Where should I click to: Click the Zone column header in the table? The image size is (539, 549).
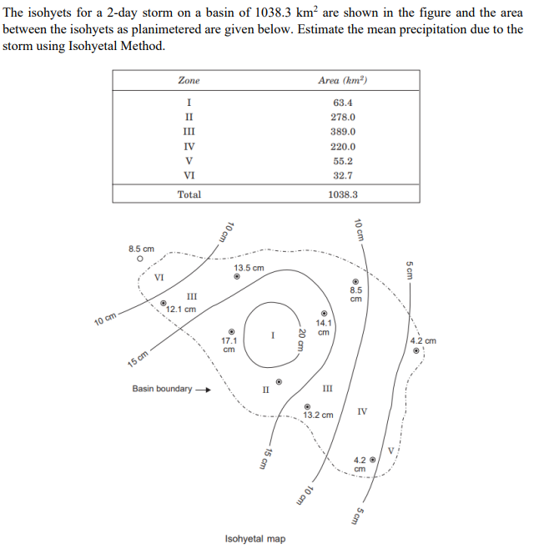click(x=189, y=81)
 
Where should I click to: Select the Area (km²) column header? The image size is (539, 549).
click(x=343, y=81)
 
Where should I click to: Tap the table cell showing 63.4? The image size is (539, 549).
click(x=343, y=103)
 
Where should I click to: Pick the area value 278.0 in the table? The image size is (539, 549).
click(x=343, y=118)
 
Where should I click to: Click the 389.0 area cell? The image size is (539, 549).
click(x=343, y=132)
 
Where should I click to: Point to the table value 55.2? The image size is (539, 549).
click(x=343, y=161)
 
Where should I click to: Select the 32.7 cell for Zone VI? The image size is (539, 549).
click(x=343, y=176)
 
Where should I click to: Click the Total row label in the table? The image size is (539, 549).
click(x=189, y=194)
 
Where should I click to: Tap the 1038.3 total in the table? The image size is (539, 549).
click(x=343, y=194)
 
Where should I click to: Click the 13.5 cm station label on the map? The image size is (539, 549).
click(x=249, y=268)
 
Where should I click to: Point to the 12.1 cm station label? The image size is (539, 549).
click(x=181, y=309)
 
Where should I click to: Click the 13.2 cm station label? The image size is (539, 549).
click(x=318, y=415)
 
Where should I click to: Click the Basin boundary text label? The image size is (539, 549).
click(x=162, y=389)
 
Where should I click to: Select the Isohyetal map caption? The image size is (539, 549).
click(x=255, y=539)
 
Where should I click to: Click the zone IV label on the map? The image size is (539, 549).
click(x=361, y=411)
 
